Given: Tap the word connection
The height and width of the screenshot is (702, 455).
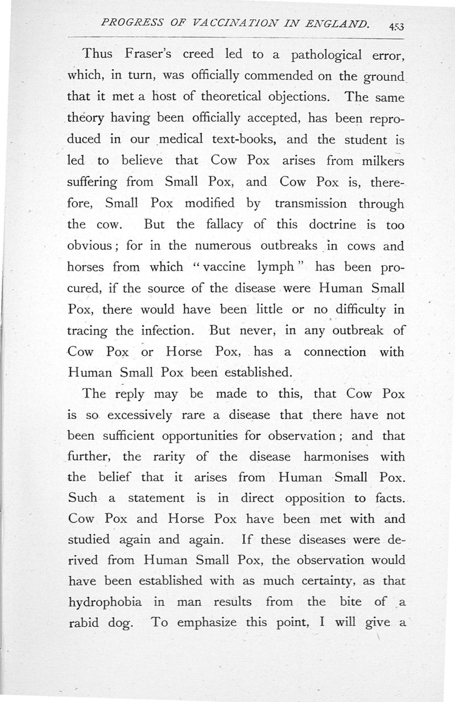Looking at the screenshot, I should coord(335,352).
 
